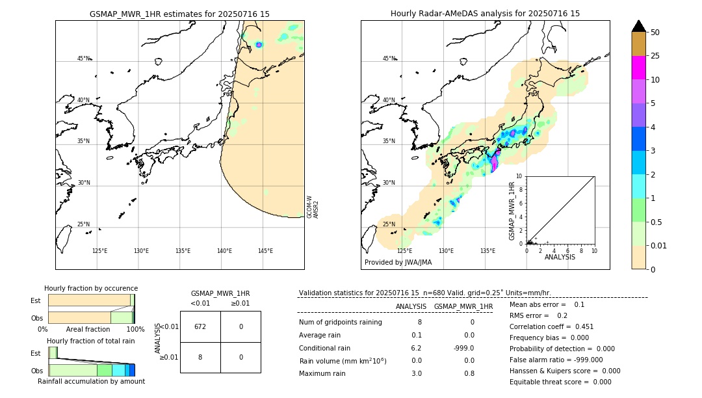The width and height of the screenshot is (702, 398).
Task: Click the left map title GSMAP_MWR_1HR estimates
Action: point(179,14)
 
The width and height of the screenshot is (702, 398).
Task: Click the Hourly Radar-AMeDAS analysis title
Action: point(485,14)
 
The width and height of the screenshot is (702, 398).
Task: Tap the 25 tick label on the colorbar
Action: point(655,56)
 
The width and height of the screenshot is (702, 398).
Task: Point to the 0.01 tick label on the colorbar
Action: point(659,245)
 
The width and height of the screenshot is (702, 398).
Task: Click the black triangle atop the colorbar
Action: point(639,26)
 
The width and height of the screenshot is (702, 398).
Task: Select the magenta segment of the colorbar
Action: point(639,68)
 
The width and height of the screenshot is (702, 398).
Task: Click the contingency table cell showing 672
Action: point(200,326)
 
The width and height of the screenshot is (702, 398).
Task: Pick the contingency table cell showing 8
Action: point(200,357)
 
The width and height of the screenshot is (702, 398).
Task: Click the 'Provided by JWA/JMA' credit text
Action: point(398,263)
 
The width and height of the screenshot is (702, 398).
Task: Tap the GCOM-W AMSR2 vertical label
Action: point(313,207)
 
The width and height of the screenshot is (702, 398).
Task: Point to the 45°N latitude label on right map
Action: point(389,59)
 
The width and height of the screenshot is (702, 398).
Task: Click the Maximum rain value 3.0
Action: point(417,373)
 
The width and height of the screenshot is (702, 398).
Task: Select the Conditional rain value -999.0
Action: point(463,348)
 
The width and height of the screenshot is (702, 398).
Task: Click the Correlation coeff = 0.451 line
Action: point(551,327)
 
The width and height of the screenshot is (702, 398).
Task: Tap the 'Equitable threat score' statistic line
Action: point(560,382)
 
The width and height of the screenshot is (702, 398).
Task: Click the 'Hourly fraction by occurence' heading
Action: point(91,288)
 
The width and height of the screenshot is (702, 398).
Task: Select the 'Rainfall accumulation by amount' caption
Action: point(91,381)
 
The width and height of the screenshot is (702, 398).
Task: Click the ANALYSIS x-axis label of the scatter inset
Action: point(560,257)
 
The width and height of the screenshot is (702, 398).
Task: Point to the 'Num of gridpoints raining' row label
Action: point(341,323)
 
